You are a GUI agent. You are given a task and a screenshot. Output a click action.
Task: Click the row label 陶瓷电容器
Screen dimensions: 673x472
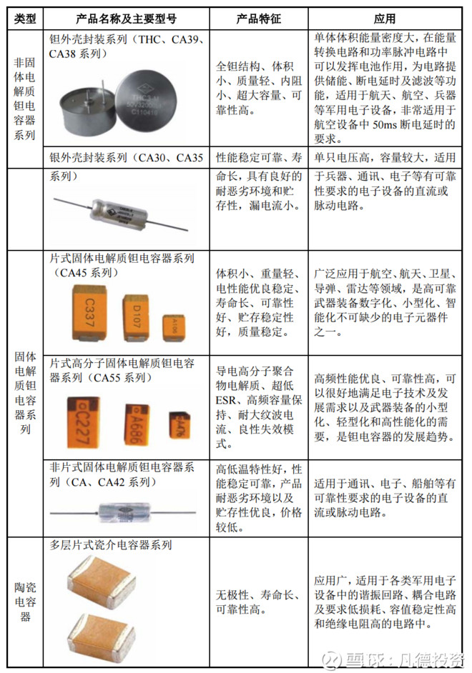click(x=25, y=600)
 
